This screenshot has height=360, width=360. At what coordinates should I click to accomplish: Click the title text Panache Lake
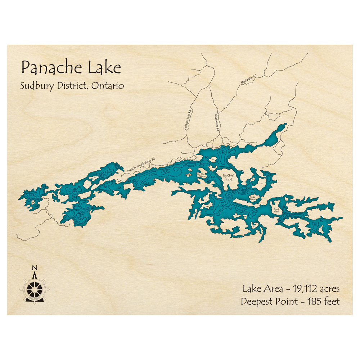point(71,67)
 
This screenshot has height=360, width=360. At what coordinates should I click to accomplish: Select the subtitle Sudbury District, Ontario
point(72,86)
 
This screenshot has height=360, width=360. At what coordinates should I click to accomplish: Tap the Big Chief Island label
point(228,177)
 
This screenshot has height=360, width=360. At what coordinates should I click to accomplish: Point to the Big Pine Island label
point(201,175)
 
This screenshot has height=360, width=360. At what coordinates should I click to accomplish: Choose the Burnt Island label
point(276,210)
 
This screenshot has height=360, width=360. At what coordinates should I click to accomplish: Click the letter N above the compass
point(35,267)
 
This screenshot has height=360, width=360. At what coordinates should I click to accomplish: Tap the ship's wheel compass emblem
point(35,288)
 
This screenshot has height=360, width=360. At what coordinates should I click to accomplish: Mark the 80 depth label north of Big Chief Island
point(224,153)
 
